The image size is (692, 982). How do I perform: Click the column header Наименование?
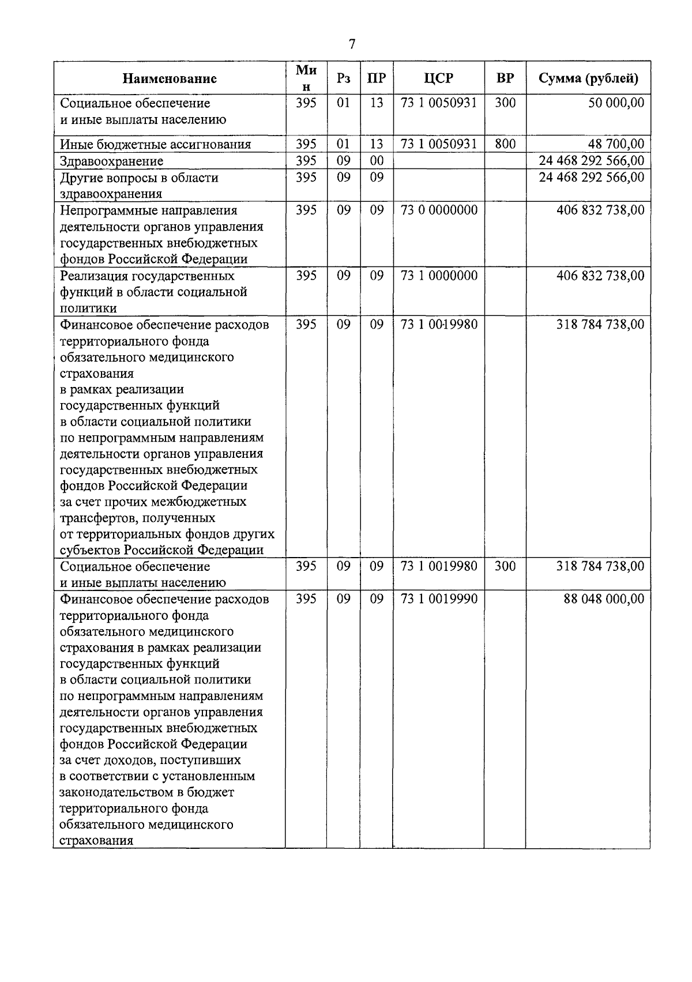pyautogui.click(x=170, y=79)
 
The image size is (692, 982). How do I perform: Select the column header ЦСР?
pyautogui.click(x=438, y=79)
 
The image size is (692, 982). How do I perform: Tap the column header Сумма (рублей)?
pyautogui.click(x=588, y=79)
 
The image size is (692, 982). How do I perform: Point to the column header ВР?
pyautogui.click(x=505, y=79)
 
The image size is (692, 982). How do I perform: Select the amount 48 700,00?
pyautogui.click(x=616, y=144)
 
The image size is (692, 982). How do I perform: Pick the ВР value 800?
pyautogui.click(x=505, y=144)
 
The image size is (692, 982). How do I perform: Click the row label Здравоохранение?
pyautogui.click(x=112, y=161)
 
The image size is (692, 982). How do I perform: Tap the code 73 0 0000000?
pyautogui.click(x=439, y=210)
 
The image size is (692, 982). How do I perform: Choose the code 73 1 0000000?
pyautogui.click(x=439, y=276)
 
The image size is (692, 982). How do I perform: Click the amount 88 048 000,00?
pyautogui.click(x=604, y=599)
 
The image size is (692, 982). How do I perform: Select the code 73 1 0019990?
pyautogui.click(x=439, y=599)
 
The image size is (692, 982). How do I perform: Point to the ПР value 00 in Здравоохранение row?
pyautogui.click(x=377, y=161)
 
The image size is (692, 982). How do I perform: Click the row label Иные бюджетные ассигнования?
pyautogui.click(x=156, y=144)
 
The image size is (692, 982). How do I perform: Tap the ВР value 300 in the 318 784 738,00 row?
pyautogui.click(x=505, y=566)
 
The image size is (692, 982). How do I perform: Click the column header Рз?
pyautogui.click(x=343, y=79)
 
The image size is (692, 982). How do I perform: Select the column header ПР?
pyautogui.click(x=376, y=79)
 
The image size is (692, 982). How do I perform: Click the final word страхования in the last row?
pyautogui.click(x=96, y=841)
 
